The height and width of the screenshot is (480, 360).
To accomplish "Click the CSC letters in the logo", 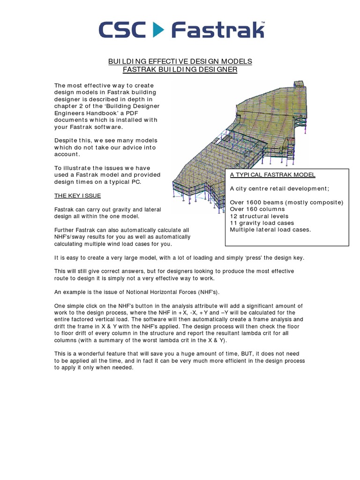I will pyautogui.click(x=121, y=30).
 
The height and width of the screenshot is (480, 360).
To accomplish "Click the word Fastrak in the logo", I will pyautogui.click(x=217, y=30).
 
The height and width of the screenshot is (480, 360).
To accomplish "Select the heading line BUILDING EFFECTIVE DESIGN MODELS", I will pyautogui.click(x=180, y=61).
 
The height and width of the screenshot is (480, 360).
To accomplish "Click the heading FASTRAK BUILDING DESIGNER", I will pyautogui.click(x=180, y=69).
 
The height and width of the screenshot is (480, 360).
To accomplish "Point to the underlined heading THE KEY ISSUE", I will pyautogui.click(x=77, y=195).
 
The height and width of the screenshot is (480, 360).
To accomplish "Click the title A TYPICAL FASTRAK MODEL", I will pyautogui.click(x=272, y=175).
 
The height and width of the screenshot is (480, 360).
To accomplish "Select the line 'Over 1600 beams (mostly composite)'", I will pyautogui.click(x=286, y=202).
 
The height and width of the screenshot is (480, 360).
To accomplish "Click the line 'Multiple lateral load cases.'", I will pyautogui.click(x=270, y=230).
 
